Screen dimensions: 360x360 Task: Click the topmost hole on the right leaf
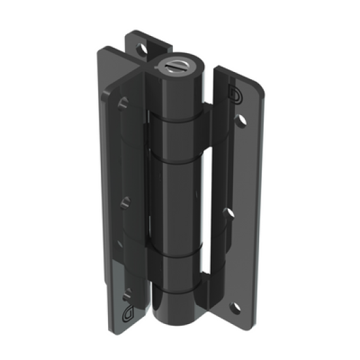pos(242,120)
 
